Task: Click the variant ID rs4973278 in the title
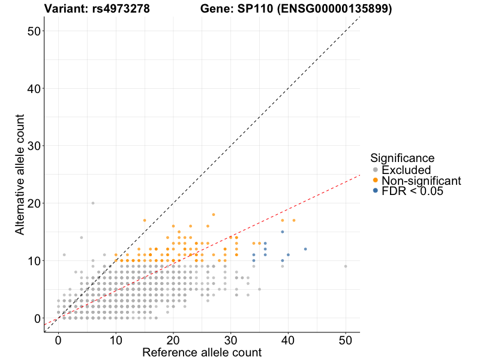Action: click(x=118, y=9)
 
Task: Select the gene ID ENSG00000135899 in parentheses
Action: click(x=335, y=9)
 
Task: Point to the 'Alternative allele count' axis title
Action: click(x=20, y=177)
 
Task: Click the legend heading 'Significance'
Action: click(x=402, y=158)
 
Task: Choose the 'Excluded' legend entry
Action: click(x=406, y=170)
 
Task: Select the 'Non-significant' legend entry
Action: click(x=421, y=181)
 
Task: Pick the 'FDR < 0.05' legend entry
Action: click(x=412, y=191)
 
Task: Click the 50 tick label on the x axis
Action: click(x=346, y=340)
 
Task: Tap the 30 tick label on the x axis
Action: click(x=230, y=340)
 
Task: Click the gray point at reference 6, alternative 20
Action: click(x=93, y=203)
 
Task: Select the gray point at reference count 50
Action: click(x=346, y=266)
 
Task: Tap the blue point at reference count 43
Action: click(x=305, y=249)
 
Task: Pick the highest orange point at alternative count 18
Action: click(x=213, y=214)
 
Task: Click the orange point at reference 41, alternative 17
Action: click(x=294, y=220)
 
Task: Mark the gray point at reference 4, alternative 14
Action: click(x=82, y=238)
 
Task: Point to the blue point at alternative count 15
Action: click(x=283, y=232)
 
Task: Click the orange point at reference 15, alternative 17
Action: click(x=145, y=220)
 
